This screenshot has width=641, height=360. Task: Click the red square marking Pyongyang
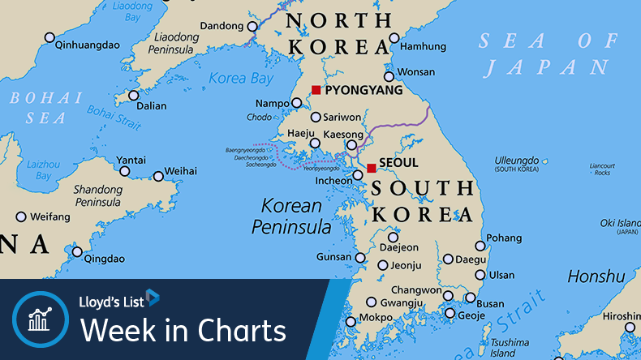316,90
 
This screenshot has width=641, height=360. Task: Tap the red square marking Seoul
371,169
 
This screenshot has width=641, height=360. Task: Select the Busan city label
490,304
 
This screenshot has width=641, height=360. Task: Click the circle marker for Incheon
358,175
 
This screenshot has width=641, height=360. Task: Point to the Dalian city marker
134,96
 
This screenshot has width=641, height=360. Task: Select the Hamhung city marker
394,37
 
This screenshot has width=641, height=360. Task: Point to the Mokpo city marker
351,322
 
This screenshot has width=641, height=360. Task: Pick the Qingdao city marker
77,251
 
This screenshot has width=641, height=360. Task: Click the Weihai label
180,171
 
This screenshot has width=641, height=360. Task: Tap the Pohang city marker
480,246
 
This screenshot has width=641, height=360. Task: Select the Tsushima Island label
510,347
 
